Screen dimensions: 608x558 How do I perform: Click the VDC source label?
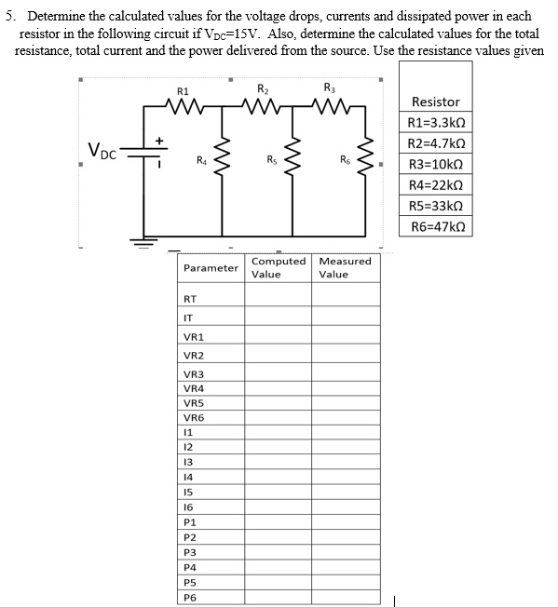[x=102, y=150]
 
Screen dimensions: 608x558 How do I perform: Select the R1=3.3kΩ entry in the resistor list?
[x=435, y=123]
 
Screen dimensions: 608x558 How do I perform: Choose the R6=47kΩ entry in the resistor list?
[x=435, y=226]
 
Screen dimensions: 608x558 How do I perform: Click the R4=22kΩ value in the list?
[x=435, y=185]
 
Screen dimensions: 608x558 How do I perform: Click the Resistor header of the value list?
[x=435, y=101]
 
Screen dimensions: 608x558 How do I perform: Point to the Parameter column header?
[x=211, y=268]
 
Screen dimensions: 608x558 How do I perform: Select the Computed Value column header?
[x=278, y=267]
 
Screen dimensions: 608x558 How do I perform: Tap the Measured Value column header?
[x=345, y=267]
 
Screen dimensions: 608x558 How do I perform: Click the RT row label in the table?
[x=191, y=299]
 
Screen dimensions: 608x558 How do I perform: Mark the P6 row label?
[x=191, y=598]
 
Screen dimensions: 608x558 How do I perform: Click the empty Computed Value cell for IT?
[x=278, y=318]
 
